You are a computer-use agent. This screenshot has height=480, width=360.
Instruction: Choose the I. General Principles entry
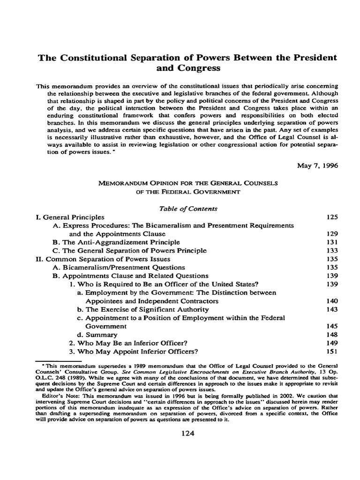pos(70,217)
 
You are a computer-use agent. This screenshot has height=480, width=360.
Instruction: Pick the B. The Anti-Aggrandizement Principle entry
pos(116,242)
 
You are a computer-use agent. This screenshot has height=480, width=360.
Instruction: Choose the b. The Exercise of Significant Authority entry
pos(143,309)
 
